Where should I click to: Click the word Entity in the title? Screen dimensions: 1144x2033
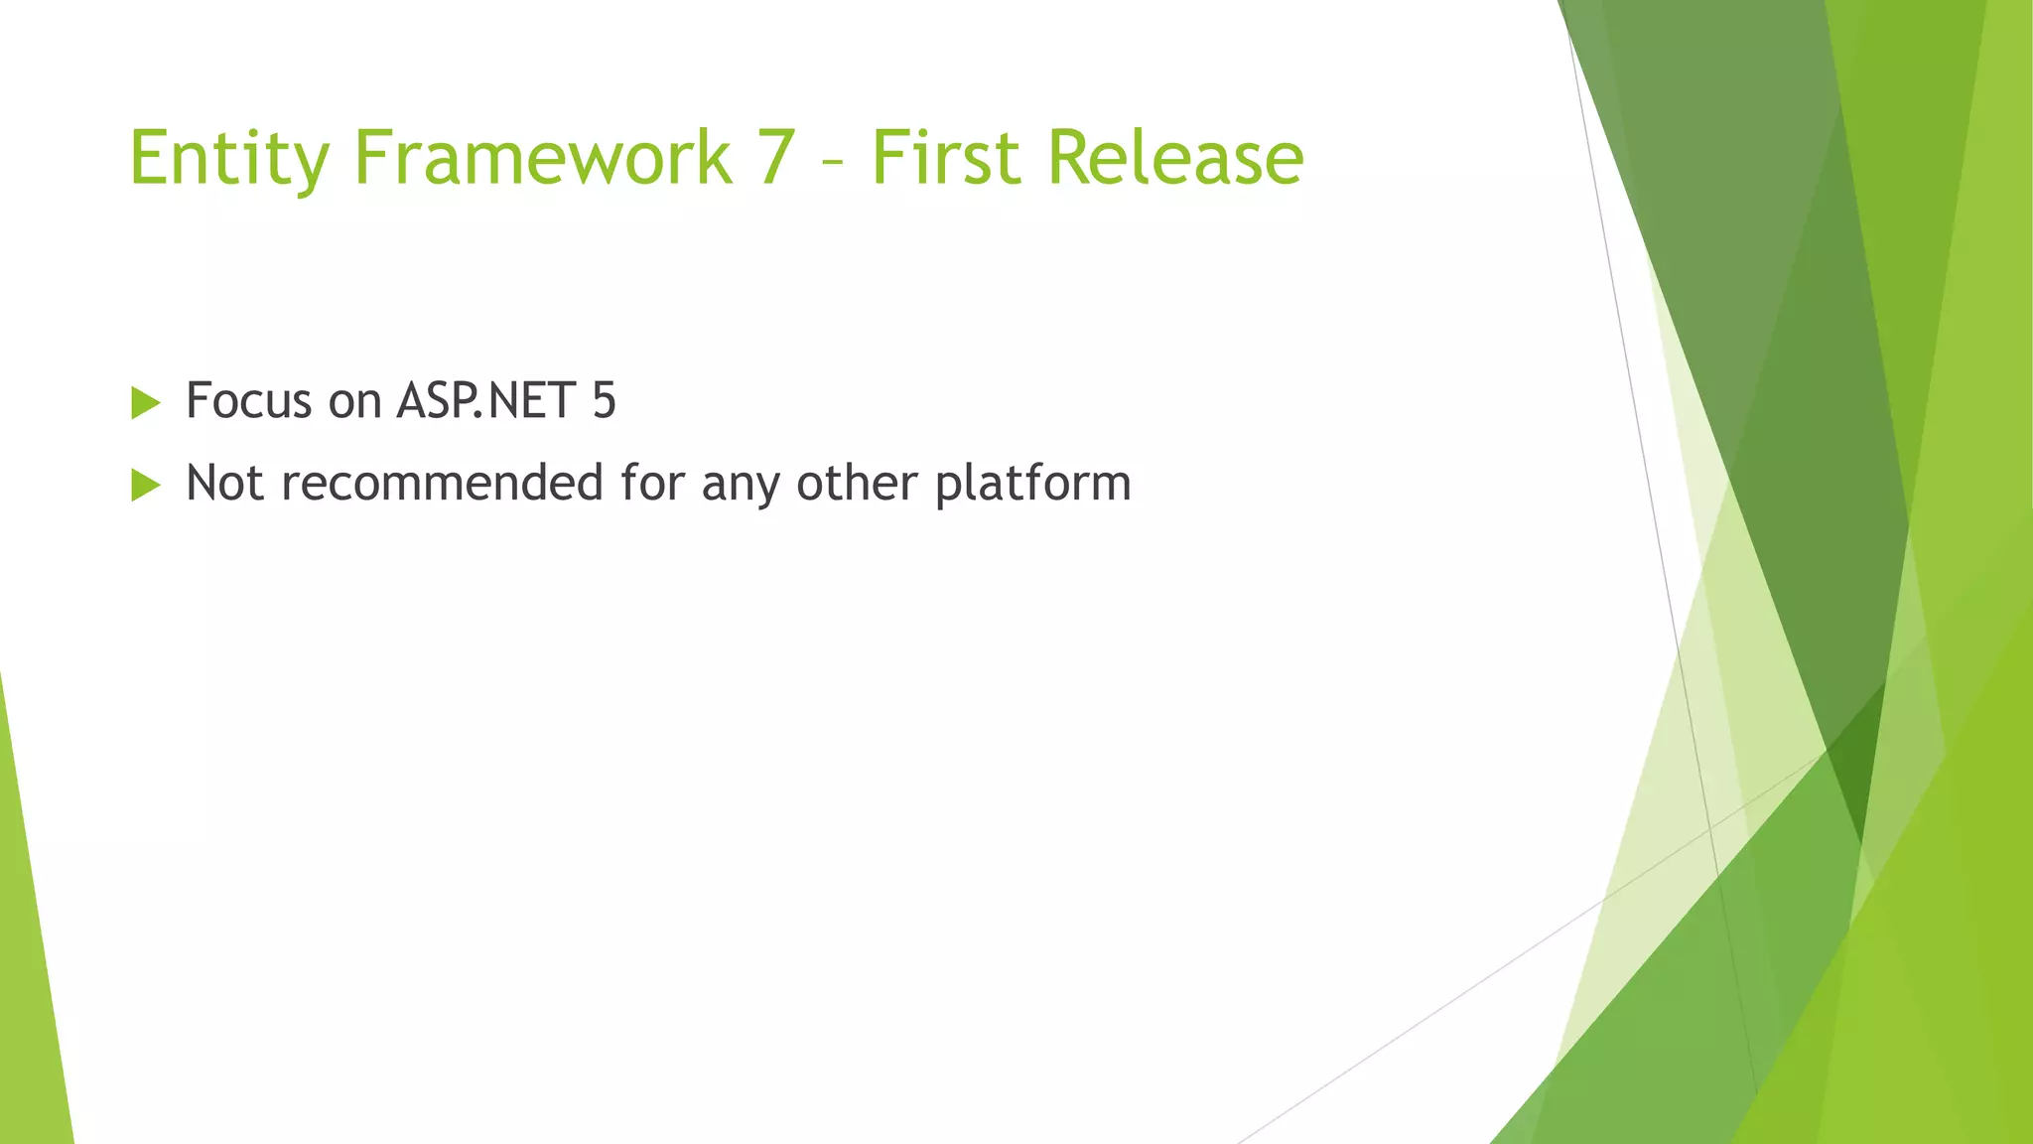pyautogui.click(x=228, y=159)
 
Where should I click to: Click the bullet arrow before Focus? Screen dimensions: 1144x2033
pyautogui.click(x=145, y=403)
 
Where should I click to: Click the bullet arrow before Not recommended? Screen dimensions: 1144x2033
pyautogui.click(x=145, y=486)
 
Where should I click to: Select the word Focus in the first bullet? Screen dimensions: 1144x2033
pyautogui.click(x=249, y=401)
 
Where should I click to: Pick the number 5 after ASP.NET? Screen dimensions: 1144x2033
pyautogui.click(x=604, y=401)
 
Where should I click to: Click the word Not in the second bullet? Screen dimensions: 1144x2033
pyautogui.click(x=224, y=484)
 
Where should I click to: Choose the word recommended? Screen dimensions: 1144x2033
pyautogui.click(x=442, y=484)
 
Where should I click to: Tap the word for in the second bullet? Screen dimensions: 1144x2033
pyautogui.click(x=652, y=484)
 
